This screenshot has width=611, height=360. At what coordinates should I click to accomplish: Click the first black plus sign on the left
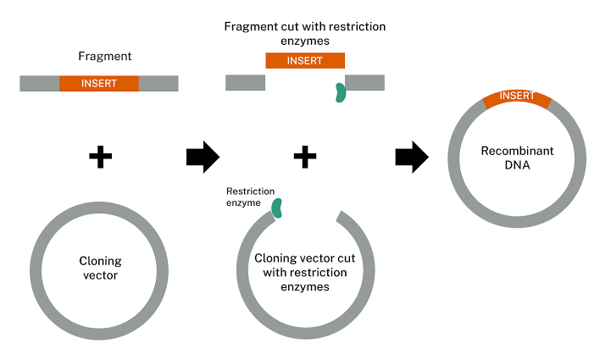coord(100,157)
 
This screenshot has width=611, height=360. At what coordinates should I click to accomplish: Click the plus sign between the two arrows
coord(304,157)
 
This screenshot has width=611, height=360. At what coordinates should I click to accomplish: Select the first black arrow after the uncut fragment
coord(202,157)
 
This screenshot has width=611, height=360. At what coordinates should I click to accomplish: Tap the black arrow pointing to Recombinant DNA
coord(412,157)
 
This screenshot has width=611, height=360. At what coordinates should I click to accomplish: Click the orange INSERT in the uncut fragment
coord(98,83)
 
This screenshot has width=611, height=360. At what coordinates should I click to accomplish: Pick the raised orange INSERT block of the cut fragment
coord(305,60)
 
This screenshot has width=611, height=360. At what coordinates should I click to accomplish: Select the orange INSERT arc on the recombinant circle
coord(517,98)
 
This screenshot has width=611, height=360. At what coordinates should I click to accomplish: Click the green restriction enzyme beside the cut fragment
coord(340,92)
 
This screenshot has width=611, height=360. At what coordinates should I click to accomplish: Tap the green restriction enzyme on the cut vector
coord(276,207)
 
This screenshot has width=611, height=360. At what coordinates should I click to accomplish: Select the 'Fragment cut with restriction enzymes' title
coord(305,33)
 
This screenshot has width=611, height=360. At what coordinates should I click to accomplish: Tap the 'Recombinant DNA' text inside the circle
coord(517,158)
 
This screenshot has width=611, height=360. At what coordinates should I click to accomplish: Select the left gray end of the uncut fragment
coord(39,83)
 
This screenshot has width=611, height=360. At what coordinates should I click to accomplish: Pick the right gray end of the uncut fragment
coord(158,83)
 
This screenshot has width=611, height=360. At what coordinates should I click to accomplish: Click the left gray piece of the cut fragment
coord(245,82)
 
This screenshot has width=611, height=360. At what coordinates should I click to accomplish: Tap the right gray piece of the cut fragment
coord(365,82)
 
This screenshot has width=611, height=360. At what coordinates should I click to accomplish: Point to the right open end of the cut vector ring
coord(342,218)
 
